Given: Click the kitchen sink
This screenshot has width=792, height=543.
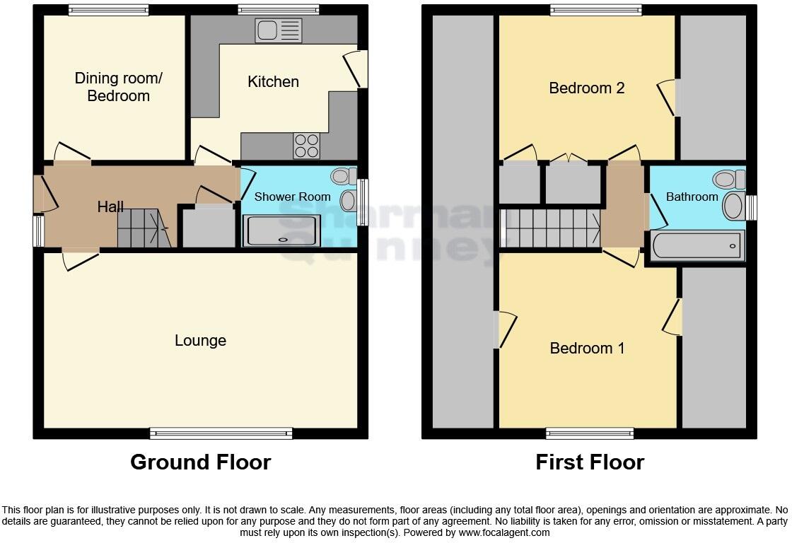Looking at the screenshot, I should point(279,30).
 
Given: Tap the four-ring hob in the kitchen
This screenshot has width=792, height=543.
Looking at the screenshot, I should point(307,146).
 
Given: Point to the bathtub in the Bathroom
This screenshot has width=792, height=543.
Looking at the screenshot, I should point(697,246).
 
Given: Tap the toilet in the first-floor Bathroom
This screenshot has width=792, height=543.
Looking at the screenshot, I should point(729,180).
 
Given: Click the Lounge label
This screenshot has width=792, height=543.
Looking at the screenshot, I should point(200,341).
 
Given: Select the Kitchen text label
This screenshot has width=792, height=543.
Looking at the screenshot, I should point(273,82).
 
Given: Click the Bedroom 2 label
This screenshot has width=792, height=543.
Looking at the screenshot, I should point(587,88).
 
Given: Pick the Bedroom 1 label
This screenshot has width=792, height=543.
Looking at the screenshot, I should point(587,349).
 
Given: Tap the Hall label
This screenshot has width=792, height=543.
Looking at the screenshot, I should point(110,207).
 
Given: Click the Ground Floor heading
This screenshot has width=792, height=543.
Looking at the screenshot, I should point(200,462).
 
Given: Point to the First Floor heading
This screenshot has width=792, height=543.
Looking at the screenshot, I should point(590,462).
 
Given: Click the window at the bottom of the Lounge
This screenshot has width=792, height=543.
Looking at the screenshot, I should point(221,433).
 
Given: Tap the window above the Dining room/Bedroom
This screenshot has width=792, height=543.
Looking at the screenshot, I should point(109,10).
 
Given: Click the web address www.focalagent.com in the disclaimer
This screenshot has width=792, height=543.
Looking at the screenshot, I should point(503,533).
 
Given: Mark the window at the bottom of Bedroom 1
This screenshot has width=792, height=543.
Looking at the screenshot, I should point(590,433).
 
